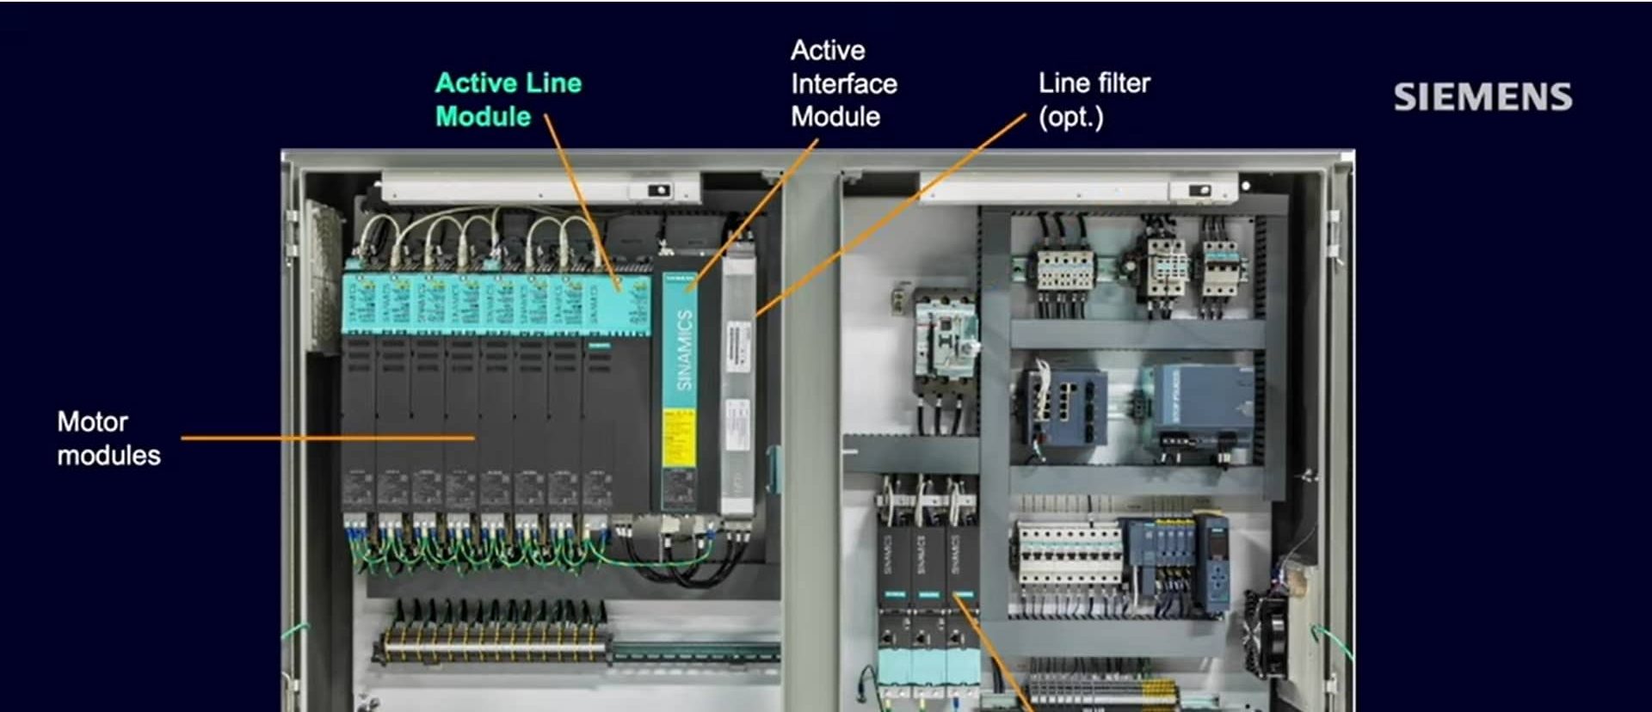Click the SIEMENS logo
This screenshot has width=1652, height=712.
click(1482, 97)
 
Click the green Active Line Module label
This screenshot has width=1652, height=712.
click(508, 100)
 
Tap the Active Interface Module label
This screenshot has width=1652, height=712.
click(843, 83)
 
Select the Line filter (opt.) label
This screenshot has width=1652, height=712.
click(1094, 100)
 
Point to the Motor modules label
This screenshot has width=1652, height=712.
click(108, 439)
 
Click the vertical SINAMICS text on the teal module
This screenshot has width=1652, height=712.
click(684, 350)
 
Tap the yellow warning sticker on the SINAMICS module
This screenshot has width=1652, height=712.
click(678, 439)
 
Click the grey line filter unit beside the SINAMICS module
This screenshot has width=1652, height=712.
click(737, 378)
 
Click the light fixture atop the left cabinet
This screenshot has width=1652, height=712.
click(540, 187)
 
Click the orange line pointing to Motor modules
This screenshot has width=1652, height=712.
click(327, 438)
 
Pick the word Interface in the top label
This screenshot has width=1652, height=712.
click(843, 83)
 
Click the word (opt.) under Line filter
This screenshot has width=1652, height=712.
click(1070, 117)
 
